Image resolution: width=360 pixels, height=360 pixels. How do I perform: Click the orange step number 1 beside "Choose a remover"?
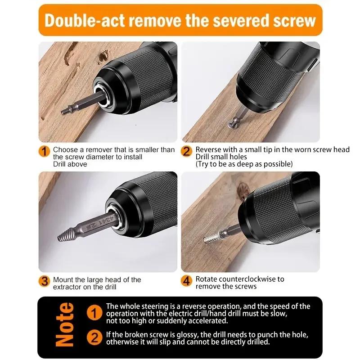(45, 151)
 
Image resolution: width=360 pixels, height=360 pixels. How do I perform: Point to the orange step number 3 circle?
(45, 282)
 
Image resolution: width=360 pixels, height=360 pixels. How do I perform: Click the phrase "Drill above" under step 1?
(70, 164)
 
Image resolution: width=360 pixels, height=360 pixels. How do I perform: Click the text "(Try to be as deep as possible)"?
(244, 164)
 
